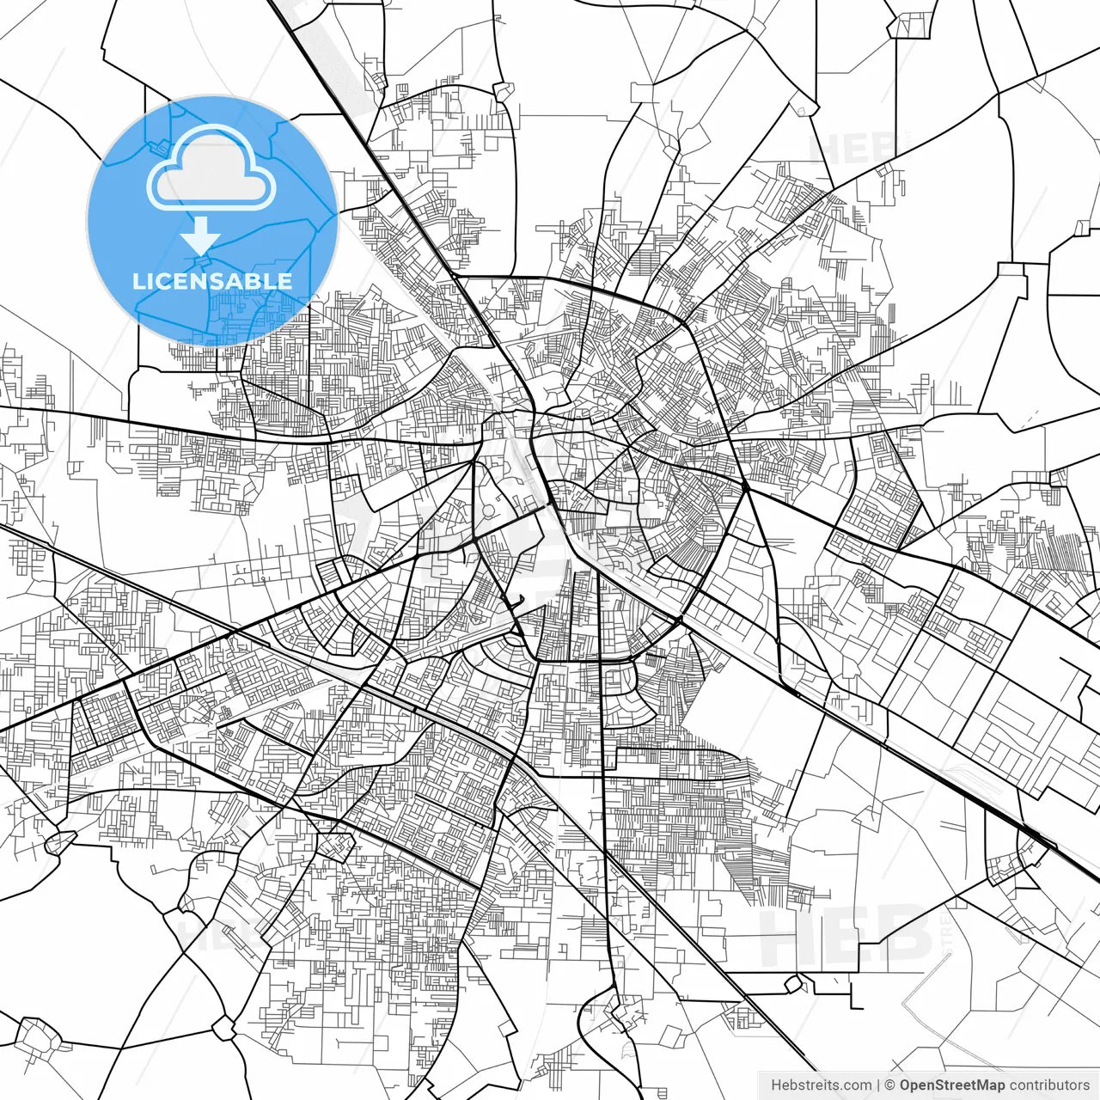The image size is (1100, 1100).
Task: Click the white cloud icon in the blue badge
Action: (211, 168)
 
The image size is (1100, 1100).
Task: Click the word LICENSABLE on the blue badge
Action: (211, 281)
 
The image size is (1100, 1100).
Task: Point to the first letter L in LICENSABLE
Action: (137, 281)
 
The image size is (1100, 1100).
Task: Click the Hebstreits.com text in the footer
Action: (821, 1085)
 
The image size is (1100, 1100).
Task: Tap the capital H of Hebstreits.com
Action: (776, 1085)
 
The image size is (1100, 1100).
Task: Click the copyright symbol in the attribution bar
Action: (890, 1085)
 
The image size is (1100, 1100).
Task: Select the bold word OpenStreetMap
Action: (951, 1085)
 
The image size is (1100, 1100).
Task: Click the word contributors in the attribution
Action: (1048, 1085)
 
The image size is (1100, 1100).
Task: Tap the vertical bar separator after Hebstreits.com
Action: (878, 1085)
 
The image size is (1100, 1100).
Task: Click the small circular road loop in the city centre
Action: (488, 512)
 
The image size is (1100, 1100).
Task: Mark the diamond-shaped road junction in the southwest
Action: (335, 846)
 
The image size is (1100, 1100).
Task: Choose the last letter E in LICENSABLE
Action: (283, 281)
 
